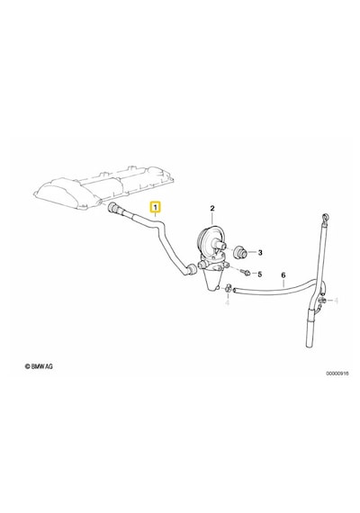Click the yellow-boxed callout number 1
155,207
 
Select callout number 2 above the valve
212,208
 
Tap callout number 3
260,253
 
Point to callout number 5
260,274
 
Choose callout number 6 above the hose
283,275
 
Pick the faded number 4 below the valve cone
228,302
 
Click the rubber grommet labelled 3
241,252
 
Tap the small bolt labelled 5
246,272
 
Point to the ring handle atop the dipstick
325,217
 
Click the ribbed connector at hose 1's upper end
112,208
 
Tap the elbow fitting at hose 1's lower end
191,269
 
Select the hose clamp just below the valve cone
228,288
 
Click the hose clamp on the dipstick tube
321,300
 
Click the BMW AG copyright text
39,366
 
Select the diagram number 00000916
337,373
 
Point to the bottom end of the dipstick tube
310,346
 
